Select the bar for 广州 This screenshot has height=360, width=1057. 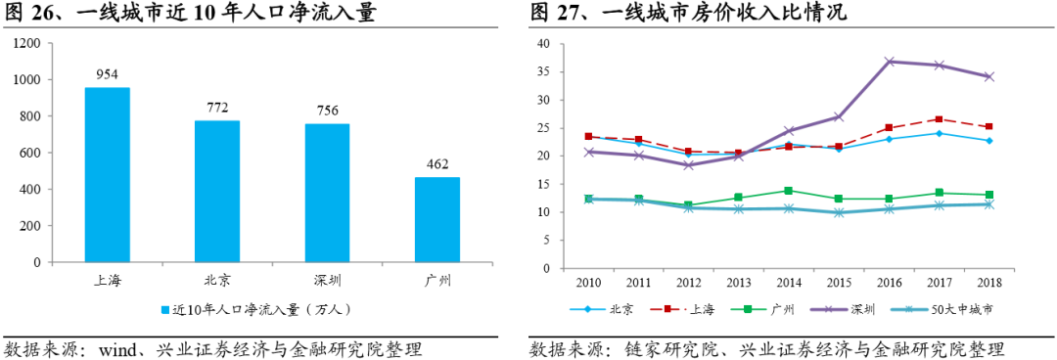point(437,219)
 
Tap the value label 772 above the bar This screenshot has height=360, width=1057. point(216,106)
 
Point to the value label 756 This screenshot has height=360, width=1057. point(327,109)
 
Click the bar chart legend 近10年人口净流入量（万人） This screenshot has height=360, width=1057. point(259,310)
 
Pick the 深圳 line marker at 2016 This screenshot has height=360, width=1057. point(890,62)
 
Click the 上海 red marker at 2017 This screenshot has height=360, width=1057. point(940,119)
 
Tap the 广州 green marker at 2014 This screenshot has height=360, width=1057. point(789,191)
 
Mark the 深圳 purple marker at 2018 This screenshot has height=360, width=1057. point(989,76)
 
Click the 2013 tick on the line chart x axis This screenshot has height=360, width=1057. point(739,283)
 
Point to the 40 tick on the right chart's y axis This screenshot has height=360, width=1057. point(543,44)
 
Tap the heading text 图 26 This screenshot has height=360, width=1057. point(29,13)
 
